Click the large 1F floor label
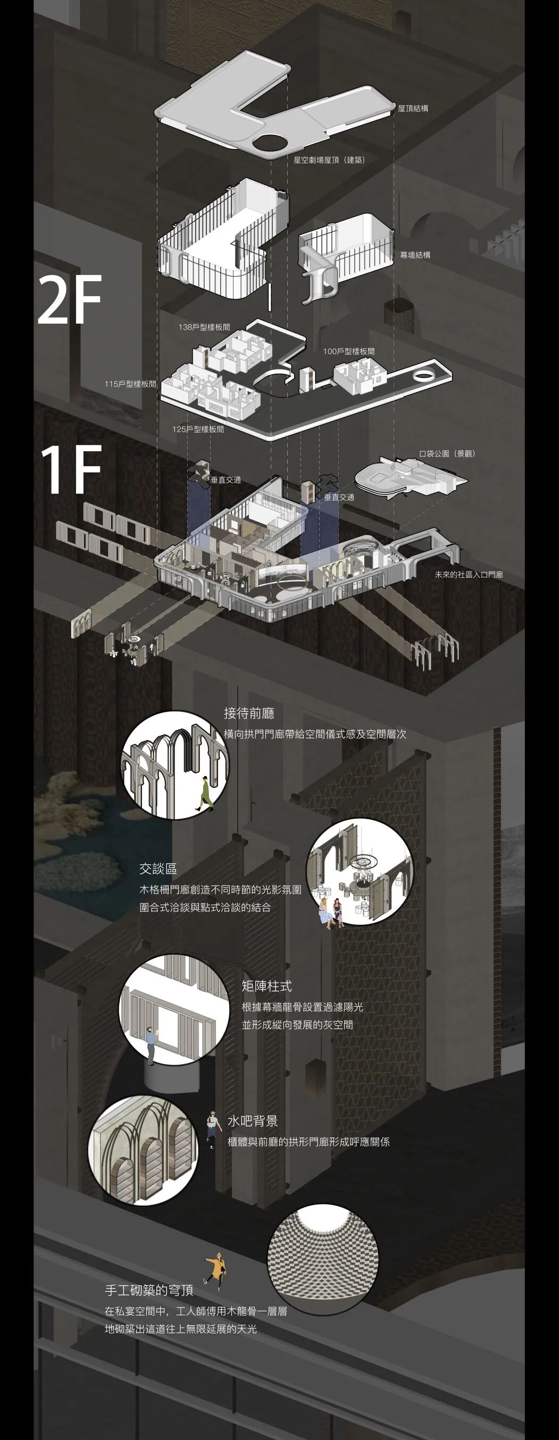(71, 470)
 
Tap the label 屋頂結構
(413, 108)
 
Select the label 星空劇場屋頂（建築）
(329, 160)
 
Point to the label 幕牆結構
(415, 255)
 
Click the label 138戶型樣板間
(204, 327)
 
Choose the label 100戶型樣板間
(348, 351)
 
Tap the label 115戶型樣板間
(130, 384)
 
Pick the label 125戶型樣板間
(198, 430)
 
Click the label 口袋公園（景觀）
(448, 453)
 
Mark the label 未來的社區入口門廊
(469, 574)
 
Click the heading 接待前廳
(249, 713)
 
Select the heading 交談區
(158, 869)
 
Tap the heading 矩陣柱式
(267, 986)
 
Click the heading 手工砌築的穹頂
(149, 1290)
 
